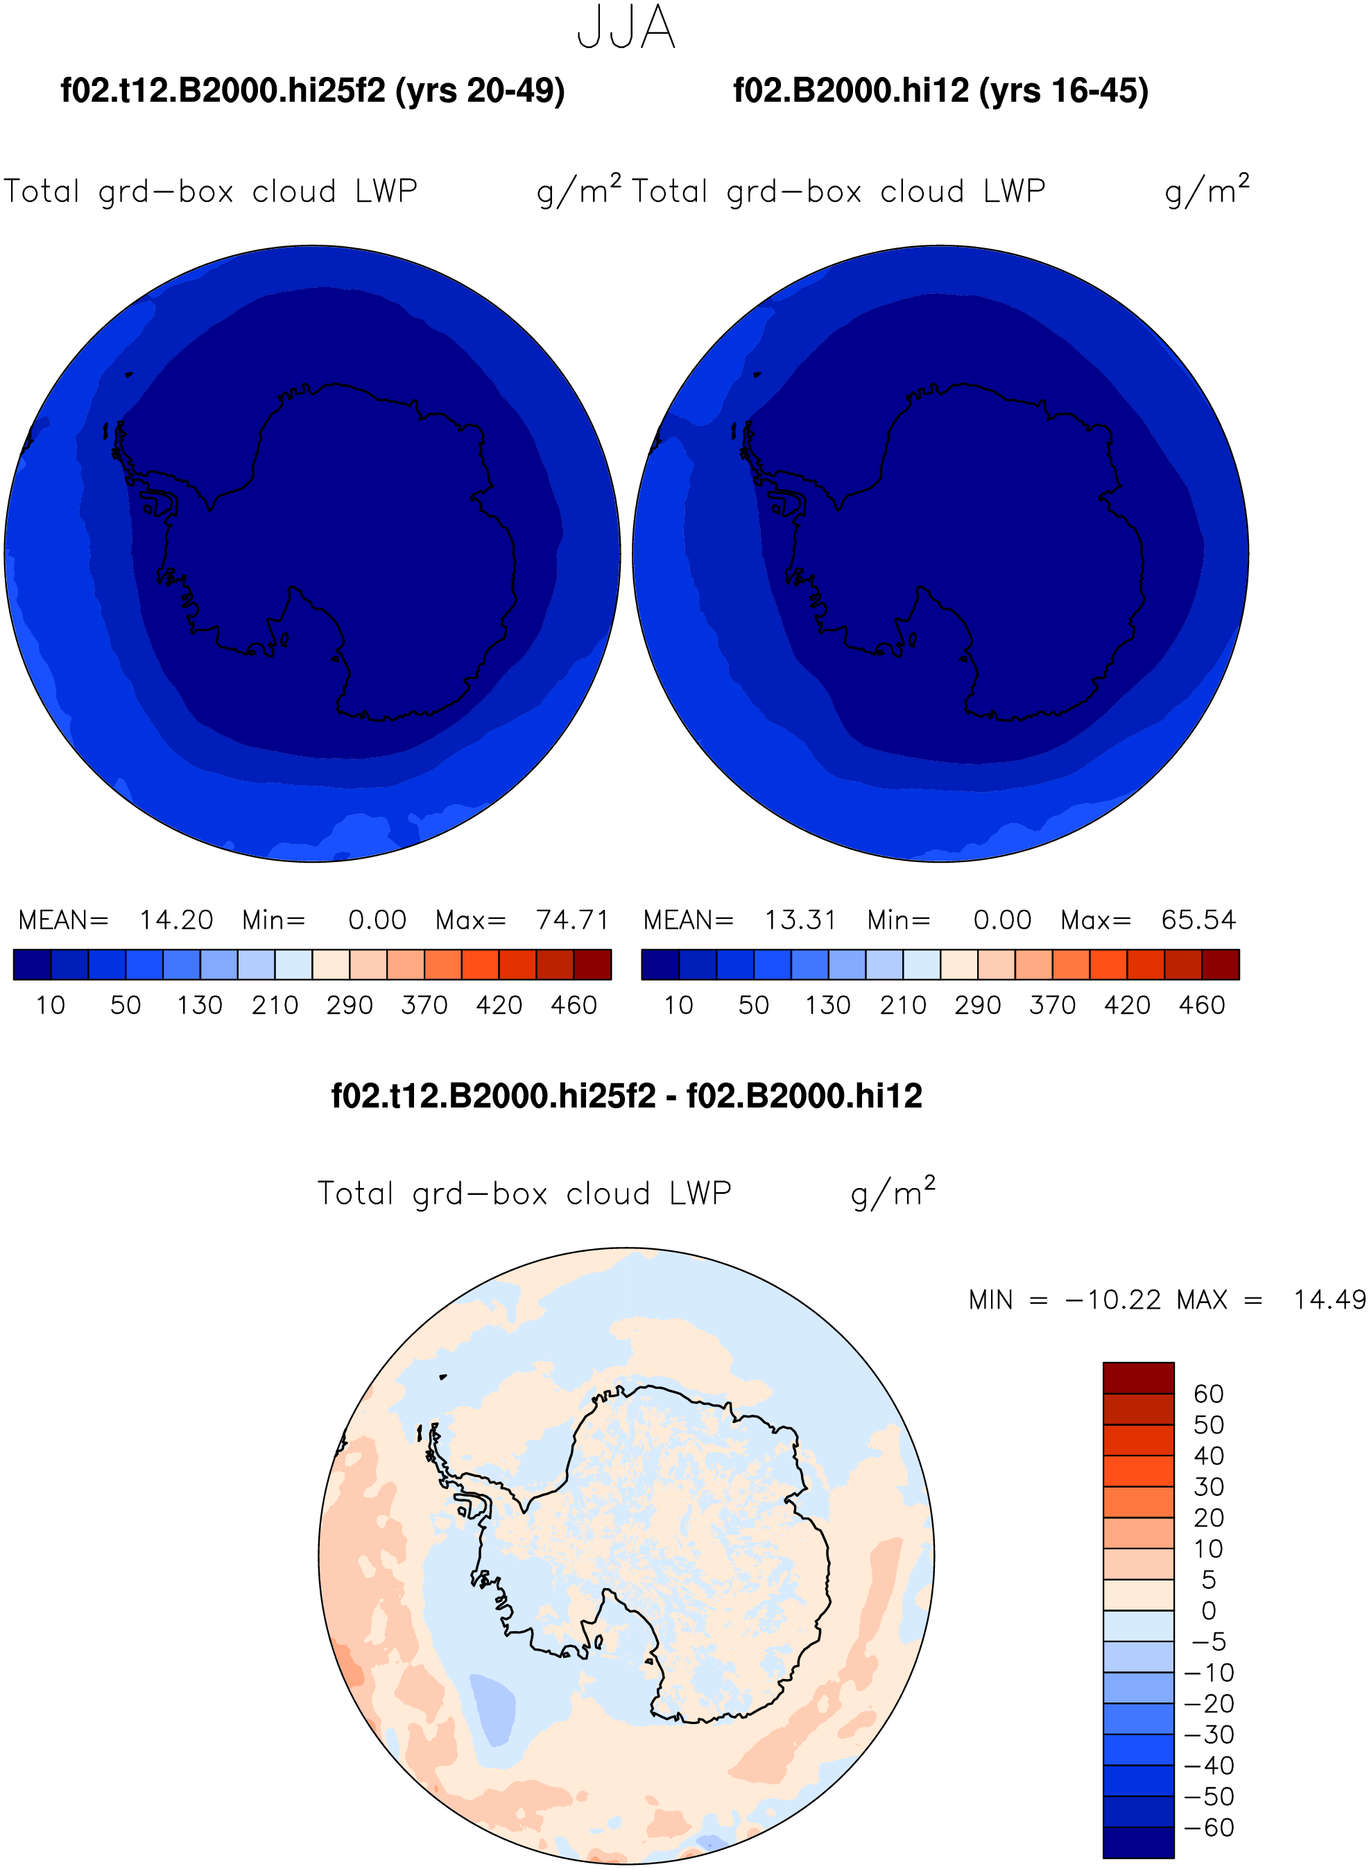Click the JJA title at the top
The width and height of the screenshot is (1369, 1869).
(626, 27)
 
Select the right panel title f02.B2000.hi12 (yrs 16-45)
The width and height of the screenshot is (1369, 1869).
(940, 90)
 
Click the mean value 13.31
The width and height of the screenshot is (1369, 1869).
(800, 920)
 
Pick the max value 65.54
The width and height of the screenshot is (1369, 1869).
(1198, 920)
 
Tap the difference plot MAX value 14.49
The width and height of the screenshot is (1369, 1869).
(1329, 1299)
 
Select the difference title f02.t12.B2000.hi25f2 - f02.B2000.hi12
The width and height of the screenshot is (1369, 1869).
(626, 1096)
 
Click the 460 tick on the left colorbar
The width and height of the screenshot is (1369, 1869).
(574, 1005)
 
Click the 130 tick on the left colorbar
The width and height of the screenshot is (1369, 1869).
(200, 1005)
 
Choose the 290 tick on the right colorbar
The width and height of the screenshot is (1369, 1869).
(978, 1005)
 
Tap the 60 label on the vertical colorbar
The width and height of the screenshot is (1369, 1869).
(1208, 1393)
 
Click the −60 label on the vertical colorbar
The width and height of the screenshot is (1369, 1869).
(1209, 1827)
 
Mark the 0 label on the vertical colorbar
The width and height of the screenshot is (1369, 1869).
(1209, 1610)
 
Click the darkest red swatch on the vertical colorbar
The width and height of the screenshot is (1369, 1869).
(1139, 1378)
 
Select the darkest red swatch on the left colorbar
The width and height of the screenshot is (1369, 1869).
(592, 965)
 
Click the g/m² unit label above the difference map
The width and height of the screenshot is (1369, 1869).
(893, 1192)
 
